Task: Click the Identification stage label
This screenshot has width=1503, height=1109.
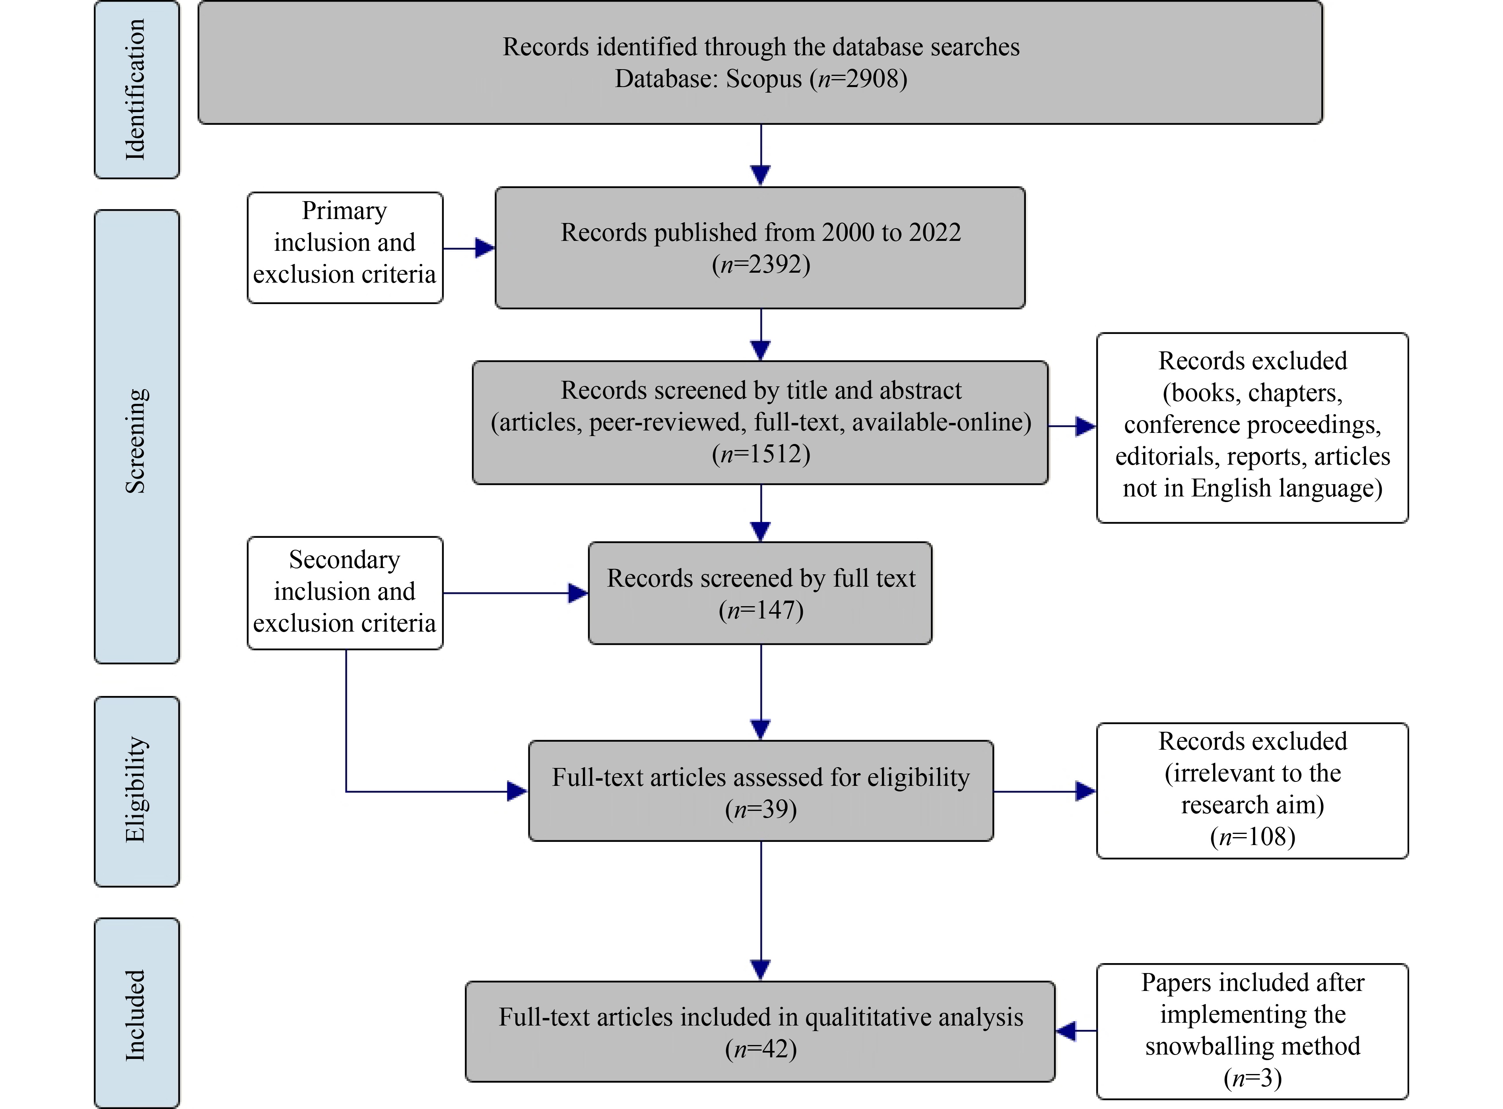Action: point(136,89)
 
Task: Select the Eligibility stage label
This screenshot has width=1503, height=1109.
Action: point(136,790)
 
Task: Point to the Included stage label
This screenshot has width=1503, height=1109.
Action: point(136,1015)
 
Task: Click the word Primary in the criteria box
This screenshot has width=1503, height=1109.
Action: point(344,211)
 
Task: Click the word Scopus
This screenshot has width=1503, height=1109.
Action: point(763,79)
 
